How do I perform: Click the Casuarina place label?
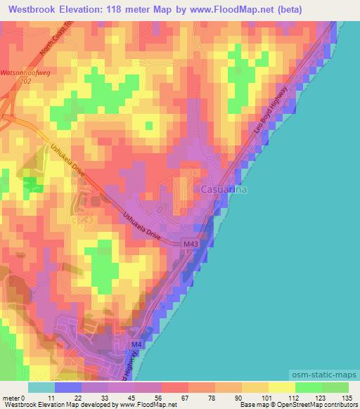tap(225, 190)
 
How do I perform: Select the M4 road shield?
tap(136, 344)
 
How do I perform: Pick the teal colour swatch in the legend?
tap(41, 387)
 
